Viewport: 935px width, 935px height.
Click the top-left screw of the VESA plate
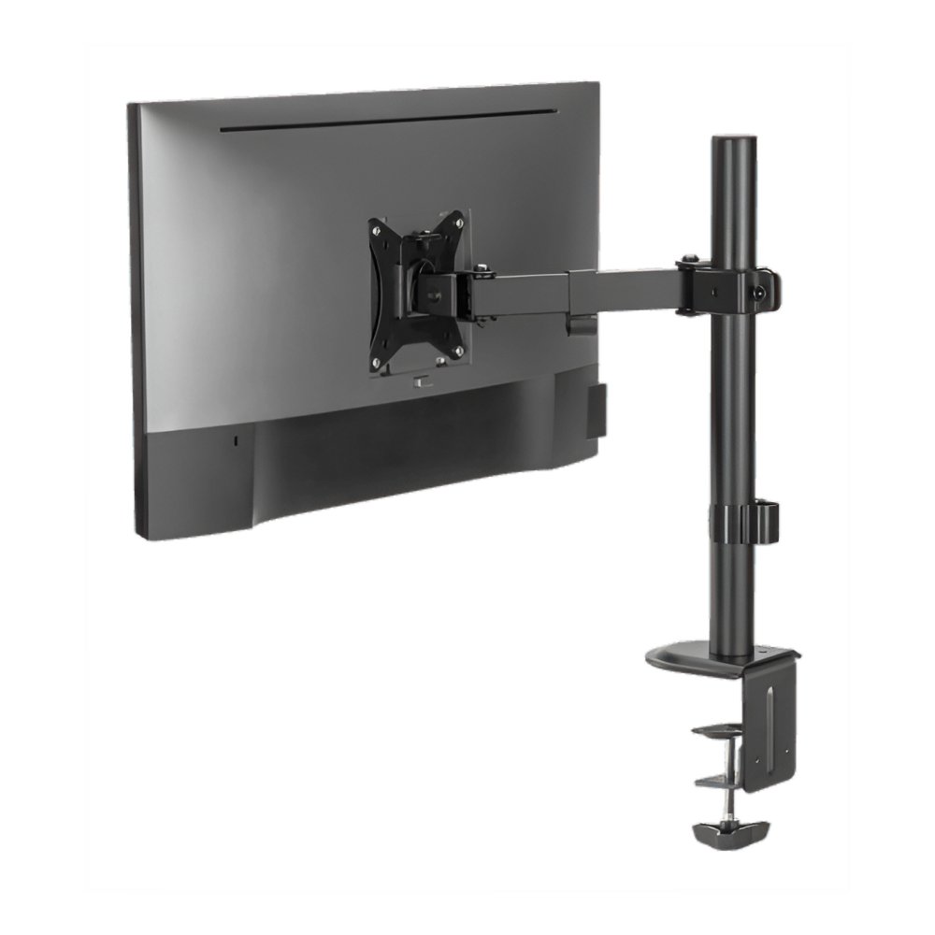pyautogui.click(x=375, y=227)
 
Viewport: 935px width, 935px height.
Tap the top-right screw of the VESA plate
pyautogui.click(x=457, y=220)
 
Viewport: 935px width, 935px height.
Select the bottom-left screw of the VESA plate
pyautogui.click(x=375, y=364)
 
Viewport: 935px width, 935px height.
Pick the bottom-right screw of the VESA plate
pyautogui.click(x=458, y=351)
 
